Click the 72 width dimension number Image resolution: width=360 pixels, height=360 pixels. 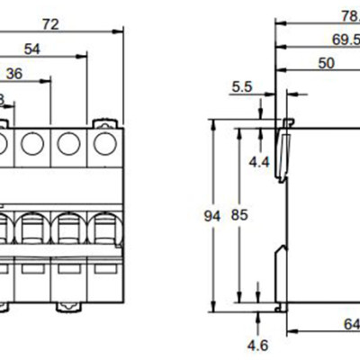[x=50, y=23]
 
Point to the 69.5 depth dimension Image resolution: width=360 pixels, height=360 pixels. [x=345, y=40]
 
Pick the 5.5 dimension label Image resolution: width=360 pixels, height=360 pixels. [x=242, y=87]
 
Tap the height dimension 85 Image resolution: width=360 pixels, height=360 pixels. [x=238, y=216]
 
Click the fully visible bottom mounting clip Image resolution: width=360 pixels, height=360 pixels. [x=67, y=306]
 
